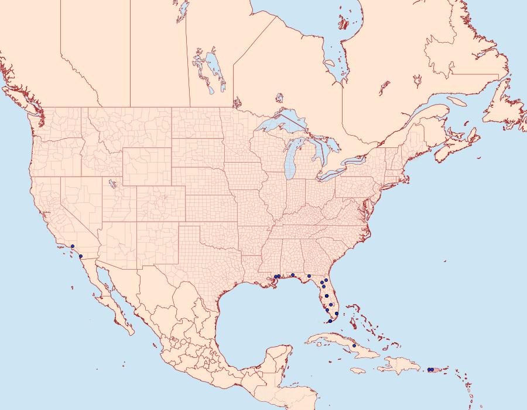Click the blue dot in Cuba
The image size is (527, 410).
[354, 346]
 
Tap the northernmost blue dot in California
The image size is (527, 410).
[72, 246]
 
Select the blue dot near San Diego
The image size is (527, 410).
[80, 257]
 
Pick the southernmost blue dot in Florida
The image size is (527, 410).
[330, 321]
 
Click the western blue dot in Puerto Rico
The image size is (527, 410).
[429, 369]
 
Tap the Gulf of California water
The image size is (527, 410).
[108, 292]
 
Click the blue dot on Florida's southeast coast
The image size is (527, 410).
[336, 314]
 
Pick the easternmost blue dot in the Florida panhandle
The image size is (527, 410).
[309, 275]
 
